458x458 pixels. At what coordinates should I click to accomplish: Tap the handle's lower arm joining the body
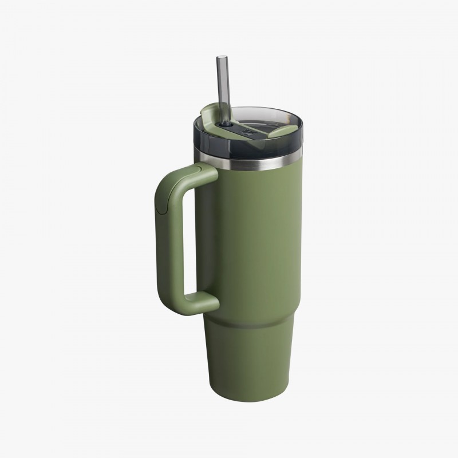[x=200, y=302]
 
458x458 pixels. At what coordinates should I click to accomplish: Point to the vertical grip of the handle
[x=167, y=240]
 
